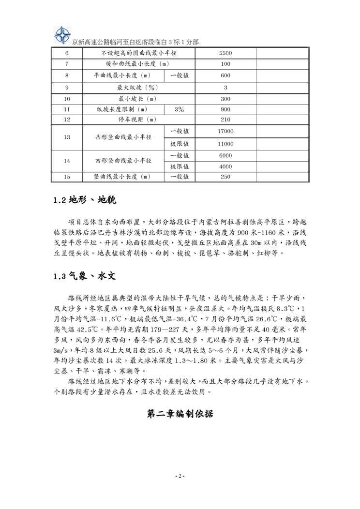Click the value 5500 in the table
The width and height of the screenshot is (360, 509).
(225, 52)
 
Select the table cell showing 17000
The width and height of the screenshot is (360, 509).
(225, 131)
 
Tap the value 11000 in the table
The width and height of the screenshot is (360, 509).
(225, 144)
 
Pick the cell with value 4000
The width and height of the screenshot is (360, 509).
(225, 166)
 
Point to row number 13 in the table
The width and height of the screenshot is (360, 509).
(67, 137)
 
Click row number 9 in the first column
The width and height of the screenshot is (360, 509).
(67, 88)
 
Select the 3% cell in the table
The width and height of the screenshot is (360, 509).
(179, 109)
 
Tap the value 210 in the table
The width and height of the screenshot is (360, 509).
(225, 120)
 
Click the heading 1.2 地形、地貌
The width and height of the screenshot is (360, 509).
(85, 199)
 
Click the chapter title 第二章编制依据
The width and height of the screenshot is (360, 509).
(180, 414)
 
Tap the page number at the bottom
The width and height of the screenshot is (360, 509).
(180, 477)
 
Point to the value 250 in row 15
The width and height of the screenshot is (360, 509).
(225, 177)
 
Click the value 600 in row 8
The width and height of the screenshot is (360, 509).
(225, 75)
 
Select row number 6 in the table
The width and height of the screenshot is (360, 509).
(67, 52)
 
